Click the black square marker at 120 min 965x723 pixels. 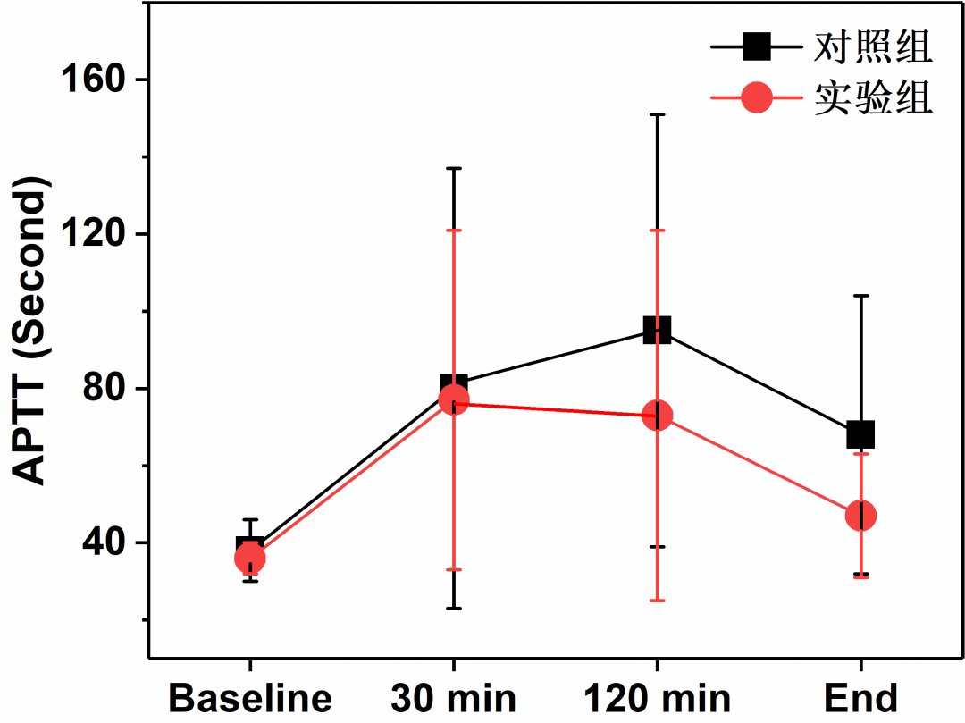657,331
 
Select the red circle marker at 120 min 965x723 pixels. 657,416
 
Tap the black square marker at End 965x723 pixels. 860,434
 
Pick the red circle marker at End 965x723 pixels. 860,516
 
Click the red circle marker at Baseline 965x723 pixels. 249,559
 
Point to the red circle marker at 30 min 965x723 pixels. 454,400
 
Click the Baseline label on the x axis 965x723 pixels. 250,698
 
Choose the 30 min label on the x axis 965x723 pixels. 453,698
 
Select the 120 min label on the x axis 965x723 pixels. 657,698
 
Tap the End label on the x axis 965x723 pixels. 860,698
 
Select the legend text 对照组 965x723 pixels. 873,47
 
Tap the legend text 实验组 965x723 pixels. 873,98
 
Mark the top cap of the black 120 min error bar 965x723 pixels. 657,114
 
